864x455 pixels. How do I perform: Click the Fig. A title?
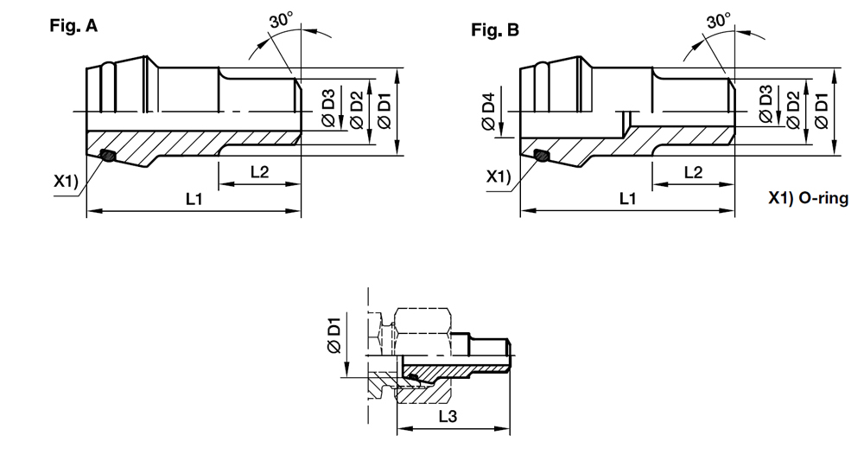pos(73,25)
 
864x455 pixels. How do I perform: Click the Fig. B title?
pos(495,29)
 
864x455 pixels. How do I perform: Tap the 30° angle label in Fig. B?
pos(719,20)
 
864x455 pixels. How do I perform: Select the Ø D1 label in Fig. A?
pos(384,112)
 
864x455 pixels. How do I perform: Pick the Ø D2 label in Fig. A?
pos(357,111)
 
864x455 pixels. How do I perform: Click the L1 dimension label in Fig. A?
pos(194,199)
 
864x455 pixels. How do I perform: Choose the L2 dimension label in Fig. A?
pos(259,171)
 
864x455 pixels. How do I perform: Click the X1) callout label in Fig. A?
pos(66,180)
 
